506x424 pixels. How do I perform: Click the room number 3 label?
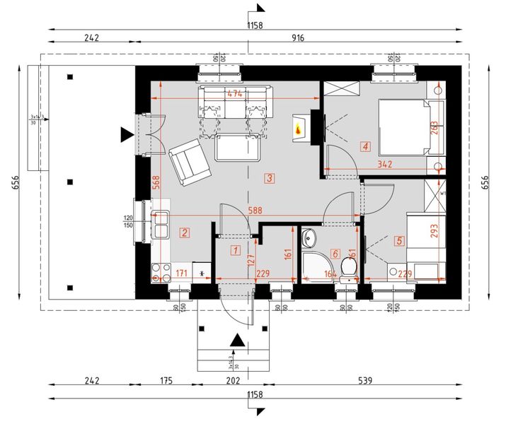(270, 178)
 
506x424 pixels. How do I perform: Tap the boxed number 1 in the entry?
(236, 249)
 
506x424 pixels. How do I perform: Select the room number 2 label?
(184, 231)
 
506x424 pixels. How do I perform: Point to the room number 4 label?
(365, 147)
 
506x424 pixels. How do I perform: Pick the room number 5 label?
(399, 241)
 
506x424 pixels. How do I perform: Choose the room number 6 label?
(335, 253)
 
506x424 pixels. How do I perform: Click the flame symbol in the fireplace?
(299, 129)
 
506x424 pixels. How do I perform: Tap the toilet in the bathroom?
(347, 268)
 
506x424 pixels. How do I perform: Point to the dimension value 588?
(253, 210)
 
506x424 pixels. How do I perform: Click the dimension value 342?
(385, 164)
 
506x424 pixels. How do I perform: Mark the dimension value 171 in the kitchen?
(181, 272)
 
